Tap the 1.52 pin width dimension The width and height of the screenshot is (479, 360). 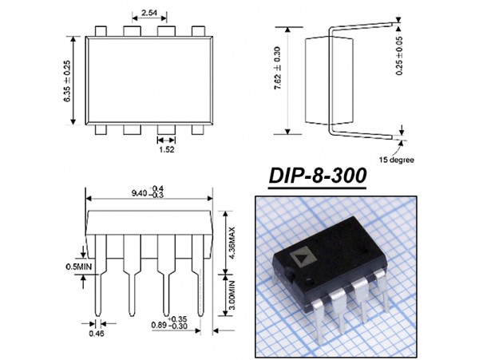point(167,148)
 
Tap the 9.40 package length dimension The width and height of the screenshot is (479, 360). point(150,192)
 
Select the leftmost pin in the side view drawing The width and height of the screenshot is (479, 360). point(98,271)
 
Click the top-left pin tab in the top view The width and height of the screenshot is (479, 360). point(101,30)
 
